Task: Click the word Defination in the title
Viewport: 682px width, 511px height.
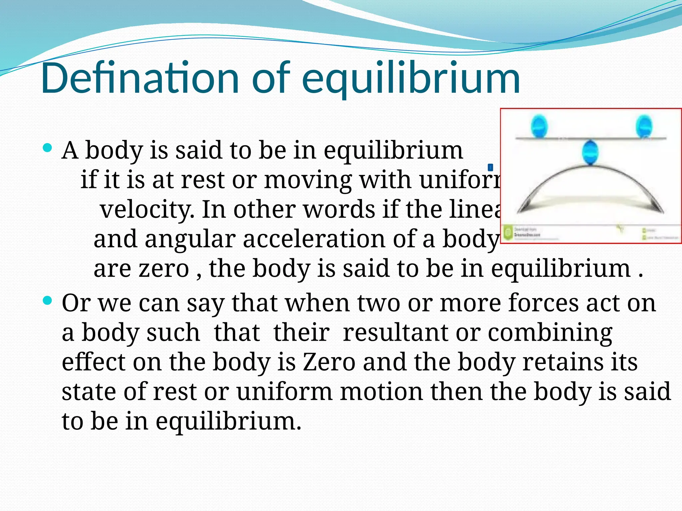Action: coord(140,78)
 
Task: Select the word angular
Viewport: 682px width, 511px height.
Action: coord(190,240)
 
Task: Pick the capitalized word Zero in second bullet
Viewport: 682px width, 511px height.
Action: coord(329,362)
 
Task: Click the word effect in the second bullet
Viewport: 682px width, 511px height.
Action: coord(94,362)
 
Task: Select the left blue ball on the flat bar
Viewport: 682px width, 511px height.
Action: coord(539,126)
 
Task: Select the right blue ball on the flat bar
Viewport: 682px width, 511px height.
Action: coord(644,126)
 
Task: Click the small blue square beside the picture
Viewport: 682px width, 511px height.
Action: coord(490,167)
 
